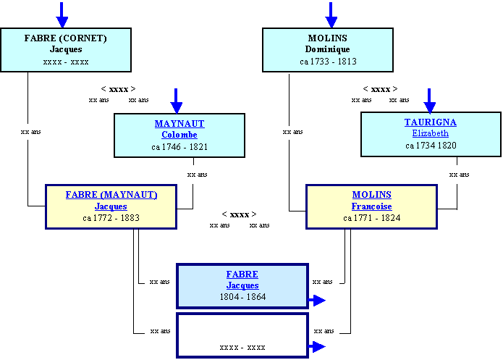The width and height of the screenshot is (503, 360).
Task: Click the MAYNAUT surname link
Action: (x=179, y=124)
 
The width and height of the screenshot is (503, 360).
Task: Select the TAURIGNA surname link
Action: (x=431, y=122)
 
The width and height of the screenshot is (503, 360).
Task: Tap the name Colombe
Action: (x=179, y=135)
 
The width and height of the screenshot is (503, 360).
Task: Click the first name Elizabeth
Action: (x=431, y=133)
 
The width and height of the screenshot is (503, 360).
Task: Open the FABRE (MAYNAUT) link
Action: (x=111, y=195)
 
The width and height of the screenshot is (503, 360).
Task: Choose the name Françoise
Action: (x=372, y=206)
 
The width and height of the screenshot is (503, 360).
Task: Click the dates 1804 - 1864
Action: (x=243, y=297)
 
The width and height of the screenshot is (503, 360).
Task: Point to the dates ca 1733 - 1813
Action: (x=328, y=62)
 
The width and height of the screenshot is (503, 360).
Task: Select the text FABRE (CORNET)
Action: (x=65, y=38)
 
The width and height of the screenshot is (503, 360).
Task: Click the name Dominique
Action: (x=328, y=49)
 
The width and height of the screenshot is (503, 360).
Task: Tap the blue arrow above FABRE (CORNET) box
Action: (x=62, y=14)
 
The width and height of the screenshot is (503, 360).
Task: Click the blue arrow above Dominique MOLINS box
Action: (x=331, y=14)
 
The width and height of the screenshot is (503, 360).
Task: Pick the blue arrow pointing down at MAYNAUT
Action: (x=176, y=101)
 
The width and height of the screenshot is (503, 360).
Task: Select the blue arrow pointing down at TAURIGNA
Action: (x=429, y=101)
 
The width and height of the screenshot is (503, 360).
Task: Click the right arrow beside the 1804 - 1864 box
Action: (x=317, y=301)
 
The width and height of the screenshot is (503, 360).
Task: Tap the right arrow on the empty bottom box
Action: (x=317, y=347)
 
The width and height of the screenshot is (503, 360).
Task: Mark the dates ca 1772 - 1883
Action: (x=111, y=218)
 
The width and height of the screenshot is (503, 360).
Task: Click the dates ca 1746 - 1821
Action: (x=179, y=147)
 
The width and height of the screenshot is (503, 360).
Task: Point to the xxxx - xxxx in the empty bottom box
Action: (x=242, y=348)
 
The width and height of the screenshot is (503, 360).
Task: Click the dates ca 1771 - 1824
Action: (x=372, y=218)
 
